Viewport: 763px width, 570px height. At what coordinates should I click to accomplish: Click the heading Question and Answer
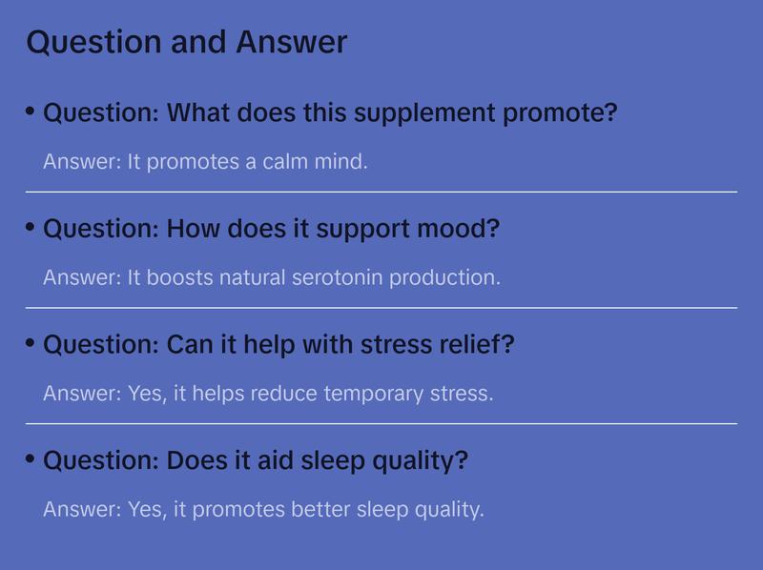pos(186,42)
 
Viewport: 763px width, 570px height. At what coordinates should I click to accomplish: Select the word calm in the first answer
pos(285,162)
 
